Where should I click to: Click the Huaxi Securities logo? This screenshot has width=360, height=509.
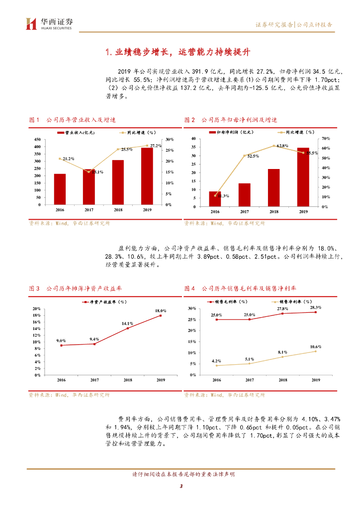pos(49,23)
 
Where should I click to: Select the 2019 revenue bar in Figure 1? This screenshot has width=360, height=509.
pos(147,176)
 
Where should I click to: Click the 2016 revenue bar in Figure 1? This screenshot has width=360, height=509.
pos(60,189)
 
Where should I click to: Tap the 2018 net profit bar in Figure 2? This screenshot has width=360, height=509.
pos(273,188)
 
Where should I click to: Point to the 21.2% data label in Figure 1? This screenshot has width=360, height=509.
pos(67,159)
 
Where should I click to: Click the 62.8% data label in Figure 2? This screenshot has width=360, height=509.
pos(282,146)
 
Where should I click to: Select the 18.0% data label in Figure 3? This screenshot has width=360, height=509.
pos(160,311)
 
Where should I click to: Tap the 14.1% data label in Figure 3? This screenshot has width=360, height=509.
pos(127,324)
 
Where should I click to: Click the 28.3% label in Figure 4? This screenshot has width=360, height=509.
pos(315,308)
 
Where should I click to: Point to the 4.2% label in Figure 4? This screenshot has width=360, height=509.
pos(216,361)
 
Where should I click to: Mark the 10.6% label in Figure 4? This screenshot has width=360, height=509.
pos(315,346)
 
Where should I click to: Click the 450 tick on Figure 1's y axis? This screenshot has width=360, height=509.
pos(37,140)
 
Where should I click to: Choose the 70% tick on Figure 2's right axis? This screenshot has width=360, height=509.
pos(326,138)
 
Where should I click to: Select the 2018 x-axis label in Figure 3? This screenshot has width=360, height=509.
pos(127,380)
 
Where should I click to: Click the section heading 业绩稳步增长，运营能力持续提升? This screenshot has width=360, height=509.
pos(180,52)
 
